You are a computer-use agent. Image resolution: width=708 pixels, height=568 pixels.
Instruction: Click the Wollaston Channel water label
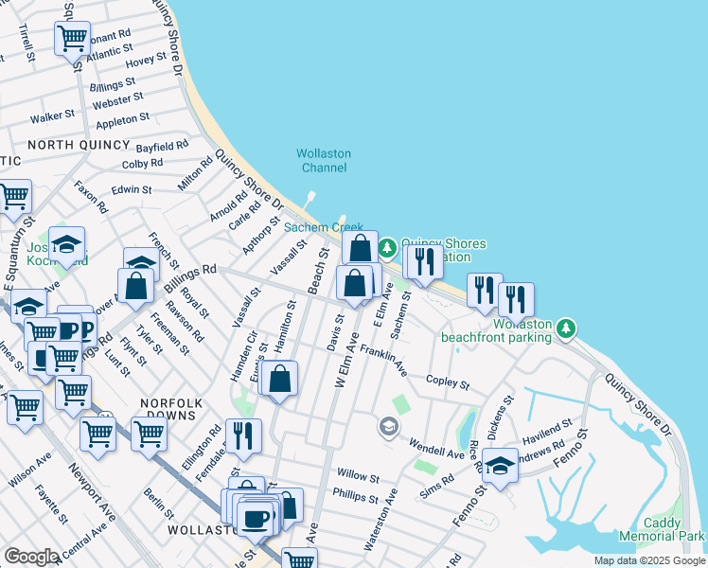pyautogui.click(x=324, y=160)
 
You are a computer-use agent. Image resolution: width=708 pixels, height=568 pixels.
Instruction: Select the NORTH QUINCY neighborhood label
pyautogui.click(x=79, y=144)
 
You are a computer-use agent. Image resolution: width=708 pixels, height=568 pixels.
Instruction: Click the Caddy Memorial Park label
pyautogui.click(x=662, y=529)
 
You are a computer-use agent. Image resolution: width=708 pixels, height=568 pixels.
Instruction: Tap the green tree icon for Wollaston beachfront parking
pyautogui.click(x=566, y=328)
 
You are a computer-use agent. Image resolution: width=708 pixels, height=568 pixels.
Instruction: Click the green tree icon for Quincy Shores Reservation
pyautogui.click(x=387, y=248)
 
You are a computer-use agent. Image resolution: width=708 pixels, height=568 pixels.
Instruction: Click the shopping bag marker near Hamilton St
pyautogui.click(x=280, y=380)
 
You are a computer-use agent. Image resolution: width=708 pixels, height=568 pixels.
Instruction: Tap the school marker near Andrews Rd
pyautogui.click(x=500, y=465)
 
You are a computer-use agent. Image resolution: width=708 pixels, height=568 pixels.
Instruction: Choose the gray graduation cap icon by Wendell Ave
pyautogui.click(x=388, y=428)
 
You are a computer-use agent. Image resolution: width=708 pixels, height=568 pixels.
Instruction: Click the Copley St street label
pyautogui.click(x=448, y=382)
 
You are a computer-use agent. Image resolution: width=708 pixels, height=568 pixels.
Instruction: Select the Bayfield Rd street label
pyautogui.click(x=162, y=148)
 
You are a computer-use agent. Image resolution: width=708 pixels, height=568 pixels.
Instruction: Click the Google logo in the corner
pyautogui.click(x=31, y=556)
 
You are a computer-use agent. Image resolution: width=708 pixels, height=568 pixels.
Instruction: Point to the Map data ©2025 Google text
pyautogui.click(x=648, y=560)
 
